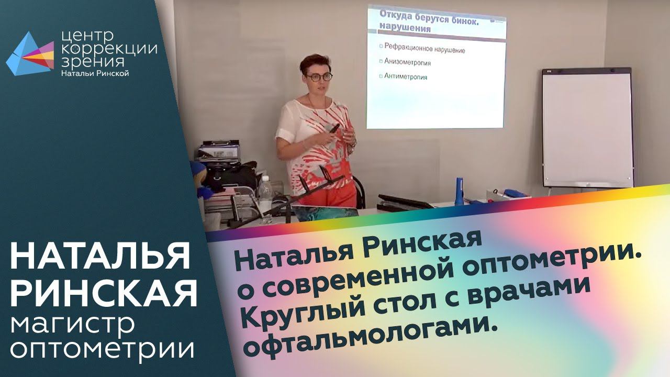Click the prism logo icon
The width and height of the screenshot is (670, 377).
(x=30, y=54)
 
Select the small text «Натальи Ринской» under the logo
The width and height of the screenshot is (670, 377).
(x=95, y=73)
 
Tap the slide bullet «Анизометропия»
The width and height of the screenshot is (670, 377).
(x=407, y=62)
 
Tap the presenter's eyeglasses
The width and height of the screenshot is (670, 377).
(x=319, y=77)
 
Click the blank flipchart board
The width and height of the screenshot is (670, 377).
(x=588, y=128)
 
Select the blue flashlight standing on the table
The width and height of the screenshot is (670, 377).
(x=459, y=191)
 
